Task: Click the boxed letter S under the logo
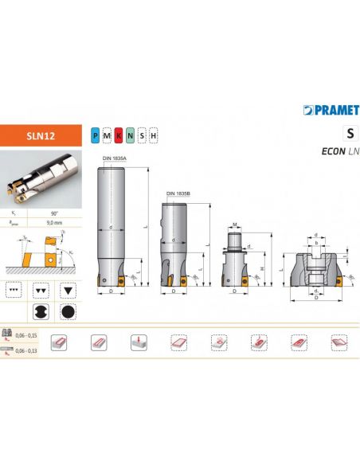click(x=349, y=133)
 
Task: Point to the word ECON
click(x=334, y=151)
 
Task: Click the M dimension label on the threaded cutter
click(x=237, y=224)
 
